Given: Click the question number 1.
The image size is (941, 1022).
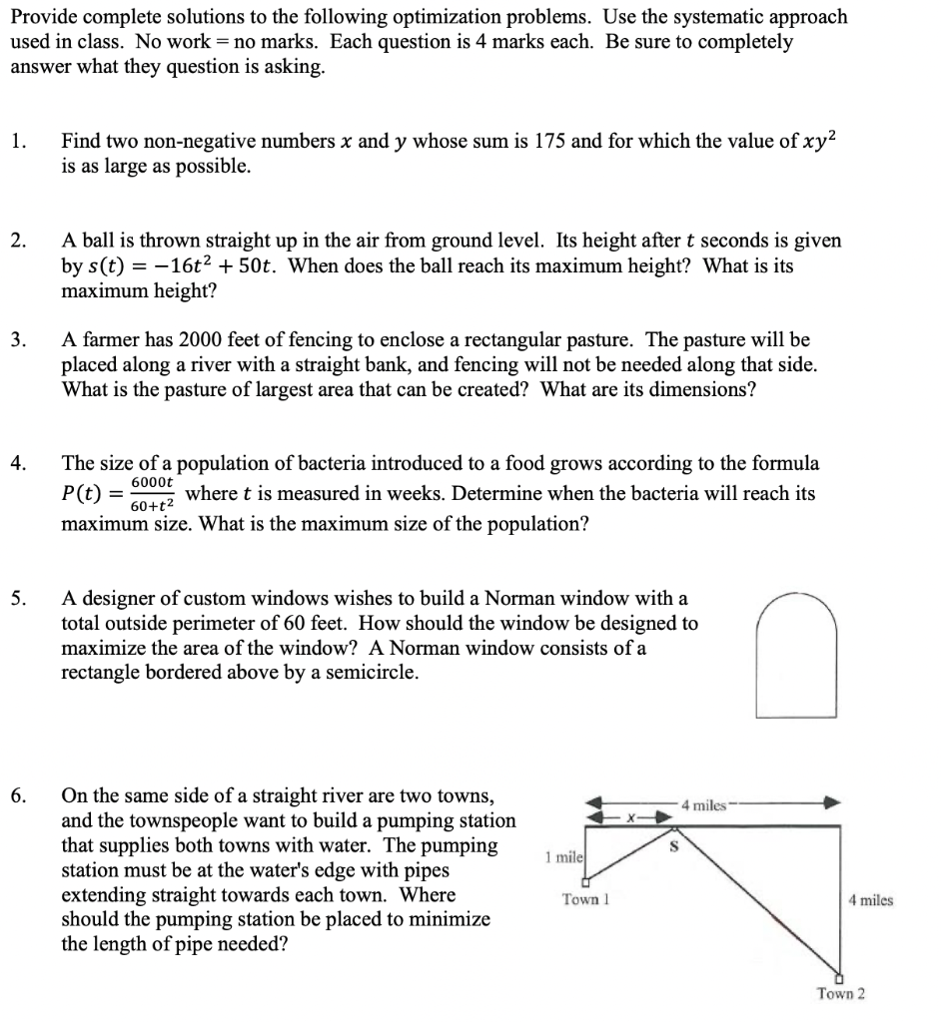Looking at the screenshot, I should pyautogui.click(x=19, y=142).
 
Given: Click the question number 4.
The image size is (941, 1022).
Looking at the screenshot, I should pyautogui.click(x=19, y=464).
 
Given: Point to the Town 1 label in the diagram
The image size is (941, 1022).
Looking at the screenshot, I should pyautogui.click(x=585, y=899).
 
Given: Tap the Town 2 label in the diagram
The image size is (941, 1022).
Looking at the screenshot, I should pyautogui.click(x=840, y=994).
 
